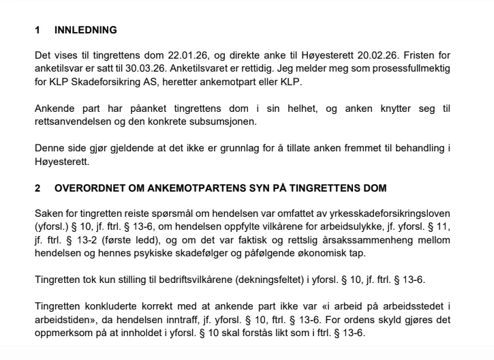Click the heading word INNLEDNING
coord(85,30)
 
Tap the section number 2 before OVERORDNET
coord(38,187)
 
